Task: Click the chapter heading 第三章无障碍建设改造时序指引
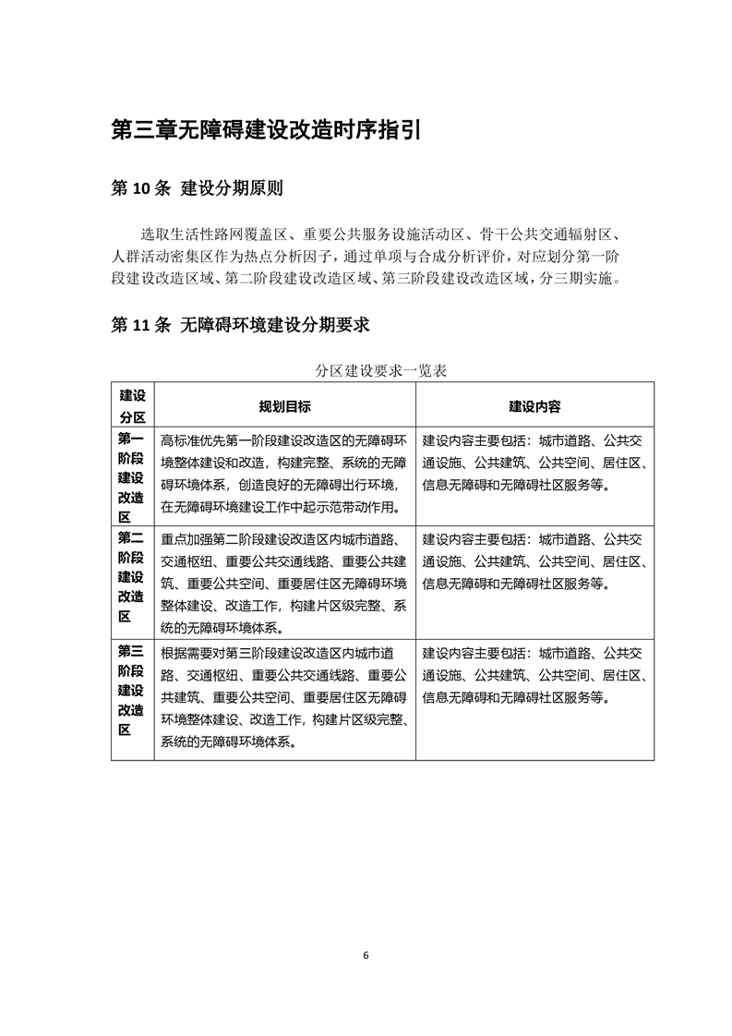point(265,129)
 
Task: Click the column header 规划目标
point(284,406)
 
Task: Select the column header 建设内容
point(534,406)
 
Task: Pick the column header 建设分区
point(132,406)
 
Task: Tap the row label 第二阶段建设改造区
point(132,578)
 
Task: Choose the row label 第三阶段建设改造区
point(132,689)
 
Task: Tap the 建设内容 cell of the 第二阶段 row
point(534,560)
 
